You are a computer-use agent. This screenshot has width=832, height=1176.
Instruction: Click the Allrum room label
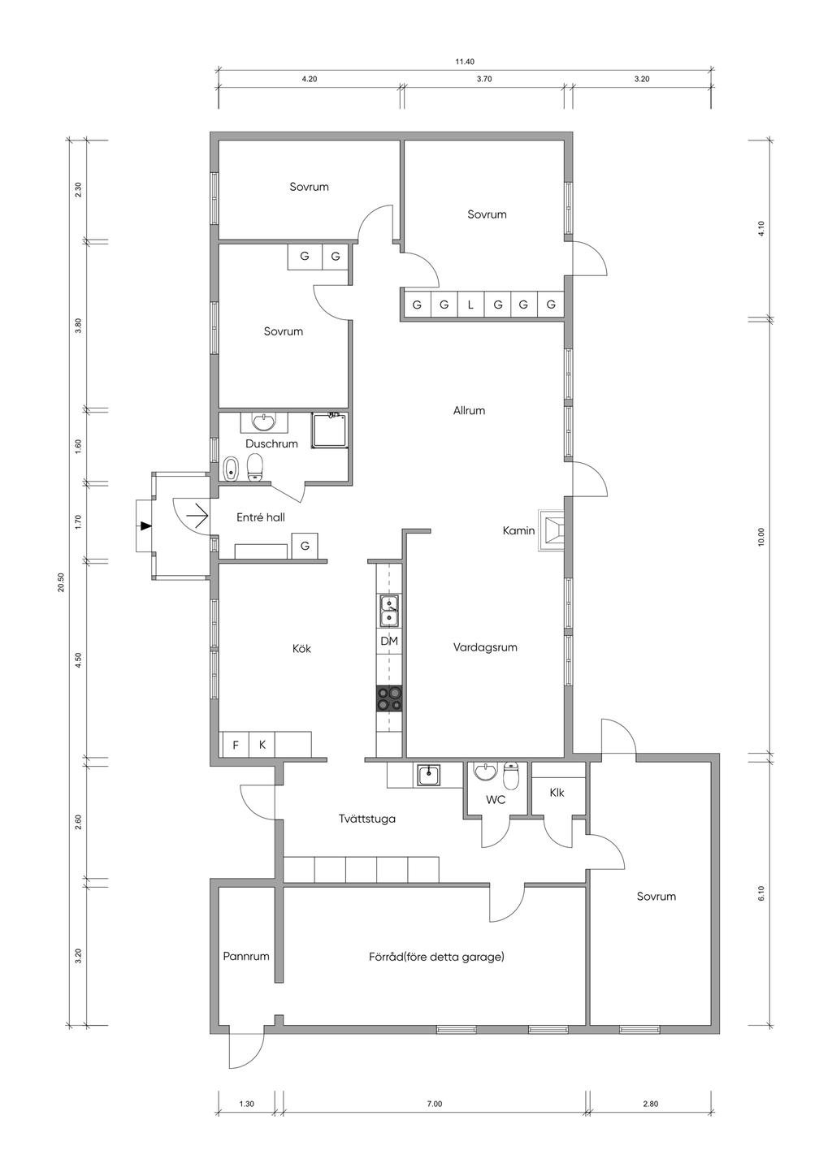[469, 411]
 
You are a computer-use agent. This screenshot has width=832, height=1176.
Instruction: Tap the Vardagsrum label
[485, 647]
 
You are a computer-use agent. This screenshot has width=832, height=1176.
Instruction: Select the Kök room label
[302, 649]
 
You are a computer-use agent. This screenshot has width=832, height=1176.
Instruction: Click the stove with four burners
[389, 698]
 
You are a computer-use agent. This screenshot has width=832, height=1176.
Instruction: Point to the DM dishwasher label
[389, 641]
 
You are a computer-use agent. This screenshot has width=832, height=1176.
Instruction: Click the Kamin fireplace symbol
[550, 531]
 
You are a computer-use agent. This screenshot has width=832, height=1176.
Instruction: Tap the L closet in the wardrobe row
[470, 305]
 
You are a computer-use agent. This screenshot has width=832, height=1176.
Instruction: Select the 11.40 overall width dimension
[465, 62]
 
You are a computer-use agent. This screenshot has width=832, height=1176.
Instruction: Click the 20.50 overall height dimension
[61, 582]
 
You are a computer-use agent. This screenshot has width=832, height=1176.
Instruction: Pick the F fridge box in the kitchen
[236, 745]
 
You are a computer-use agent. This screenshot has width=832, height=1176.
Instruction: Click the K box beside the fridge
[262, 745]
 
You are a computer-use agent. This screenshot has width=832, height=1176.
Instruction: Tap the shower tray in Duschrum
[330, 430]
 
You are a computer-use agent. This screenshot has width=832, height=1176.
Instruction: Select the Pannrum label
[246, 956]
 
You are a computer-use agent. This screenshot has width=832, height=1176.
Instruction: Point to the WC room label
[496, 800]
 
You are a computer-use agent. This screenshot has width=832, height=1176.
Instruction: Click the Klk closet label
[557, 792]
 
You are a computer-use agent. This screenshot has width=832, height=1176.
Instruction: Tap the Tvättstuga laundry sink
[429, 776]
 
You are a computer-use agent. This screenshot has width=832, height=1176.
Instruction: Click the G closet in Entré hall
[305, 546]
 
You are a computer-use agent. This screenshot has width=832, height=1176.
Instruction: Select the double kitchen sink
[389, 611]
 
